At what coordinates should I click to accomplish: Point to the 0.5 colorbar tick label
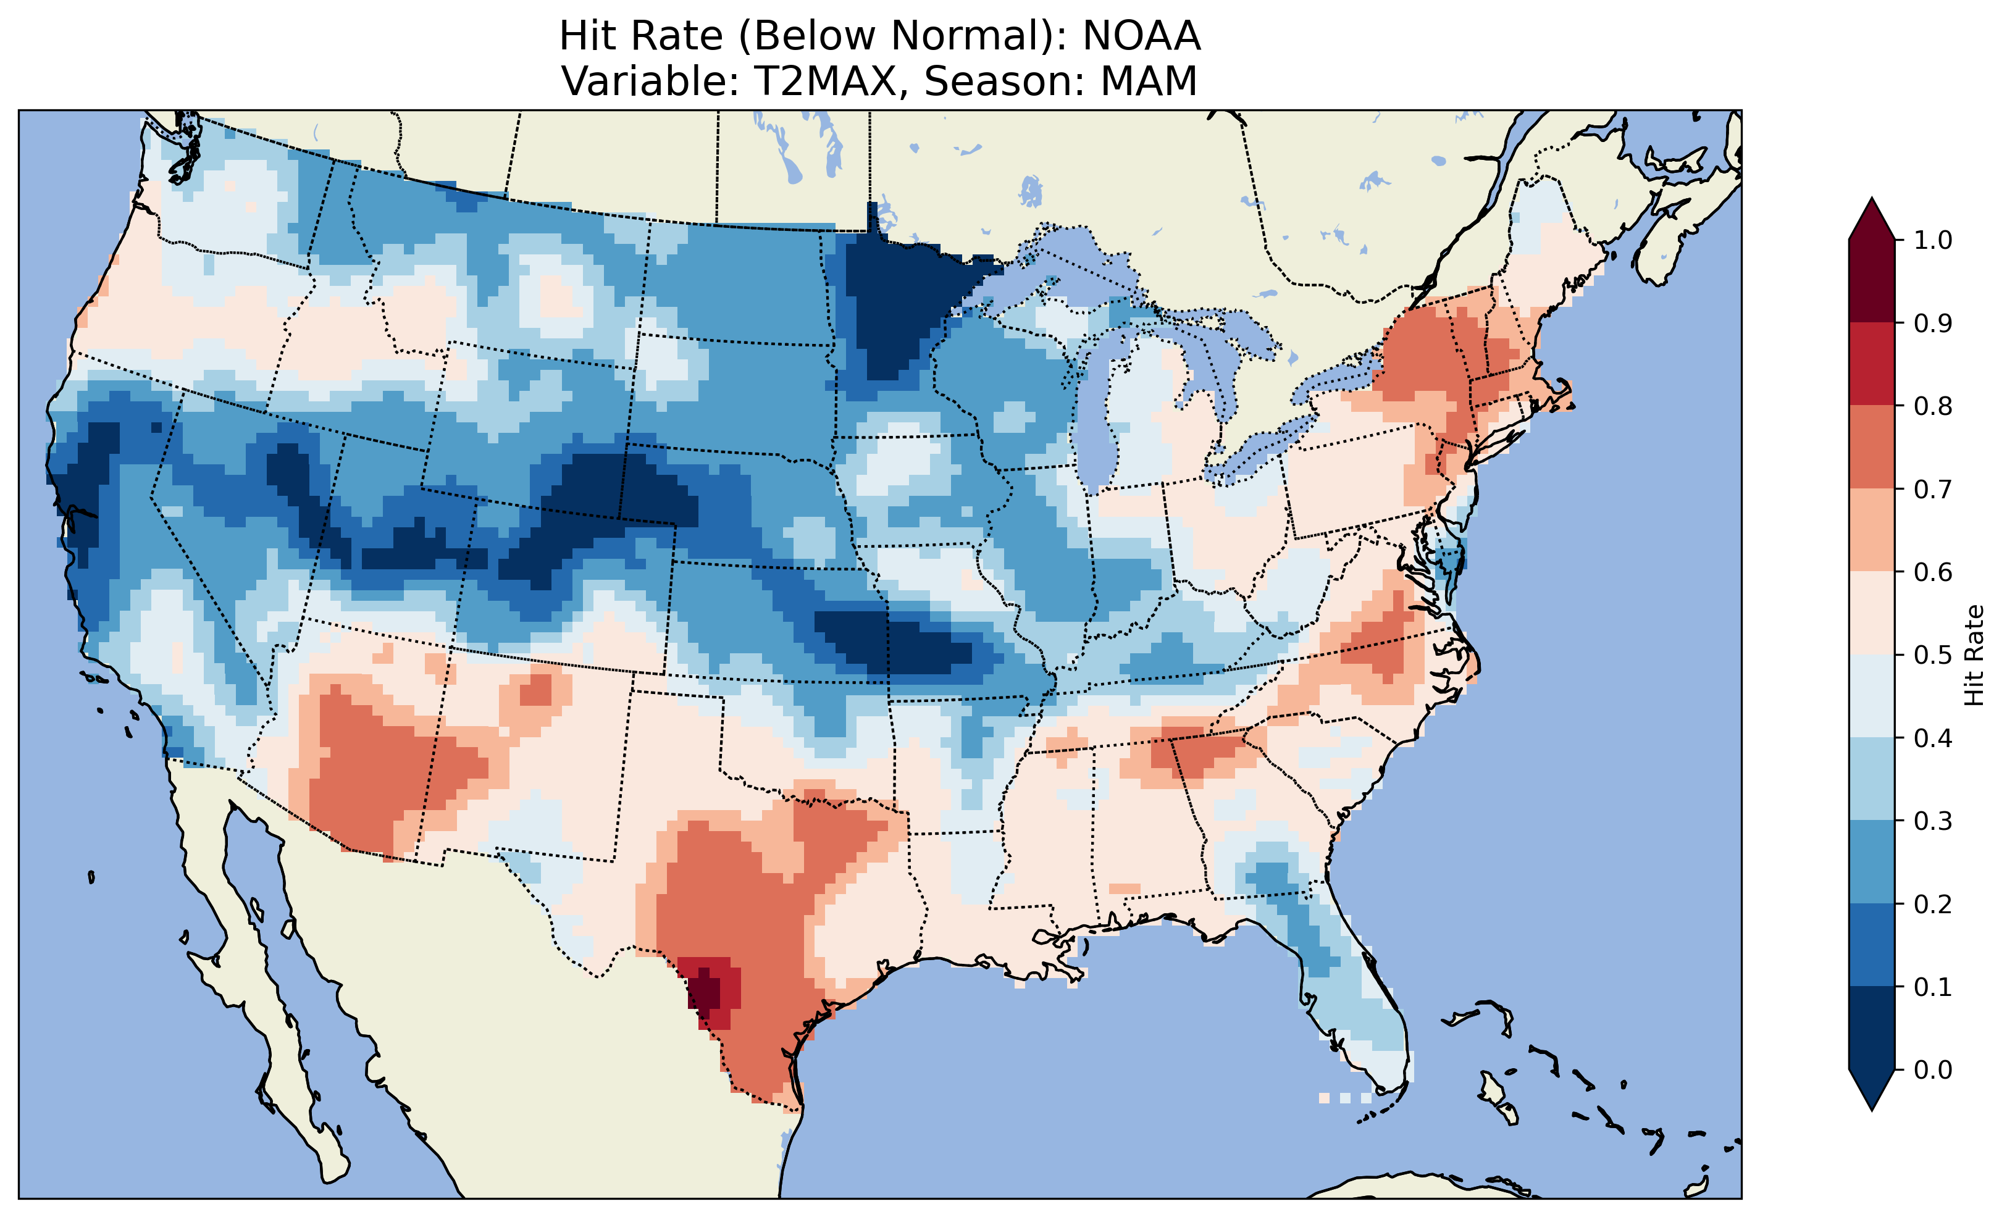click(x=1932, y=655)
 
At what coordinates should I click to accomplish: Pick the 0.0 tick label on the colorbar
click(x=1932, y=1069)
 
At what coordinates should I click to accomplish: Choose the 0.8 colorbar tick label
click(x=1932, y=406)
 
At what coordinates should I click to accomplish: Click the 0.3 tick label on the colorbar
click(x=1932, y=821)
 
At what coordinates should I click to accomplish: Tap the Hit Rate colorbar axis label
click(x=1974, y=655)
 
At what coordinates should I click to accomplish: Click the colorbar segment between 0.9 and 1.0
click(x=1872, y=281)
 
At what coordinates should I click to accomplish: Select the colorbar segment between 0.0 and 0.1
click(x=1872, y=1028)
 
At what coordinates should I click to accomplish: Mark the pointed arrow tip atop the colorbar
click(x=1872, y=201)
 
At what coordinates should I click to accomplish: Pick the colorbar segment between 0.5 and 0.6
click(x=1872, y=613)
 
